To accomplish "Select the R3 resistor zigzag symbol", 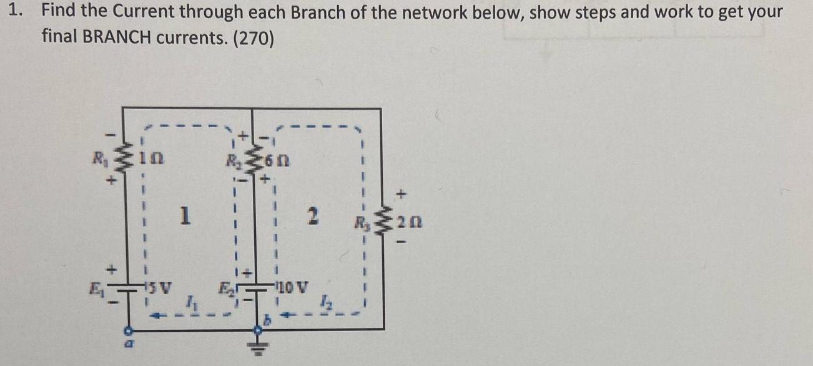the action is coord(380,221).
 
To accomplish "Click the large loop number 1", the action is coord(184,216).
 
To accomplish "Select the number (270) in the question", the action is coord(253,37).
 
